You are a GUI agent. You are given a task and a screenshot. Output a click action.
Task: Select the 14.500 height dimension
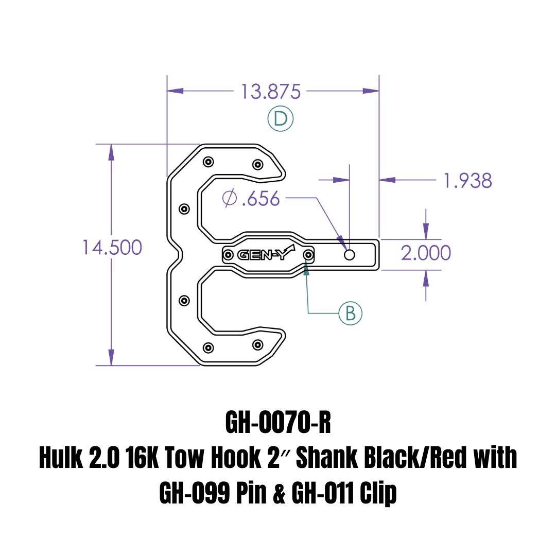point(112,248)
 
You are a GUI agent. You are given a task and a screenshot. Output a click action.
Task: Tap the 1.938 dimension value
point(468,181)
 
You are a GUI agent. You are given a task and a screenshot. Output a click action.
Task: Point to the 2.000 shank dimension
point(426,253)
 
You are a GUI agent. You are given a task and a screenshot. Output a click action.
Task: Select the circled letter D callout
point(280,119)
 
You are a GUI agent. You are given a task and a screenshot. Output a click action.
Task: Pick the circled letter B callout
point(350,313)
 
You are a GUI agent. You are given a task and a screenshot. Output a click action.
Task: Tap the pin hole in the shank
point(350,255)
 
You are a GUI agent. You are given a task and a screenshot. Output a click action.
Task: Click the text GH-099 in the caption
point(194,494)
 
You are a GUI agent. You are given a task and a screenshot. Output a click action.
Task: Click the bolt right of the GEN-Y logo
point(308,255)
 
